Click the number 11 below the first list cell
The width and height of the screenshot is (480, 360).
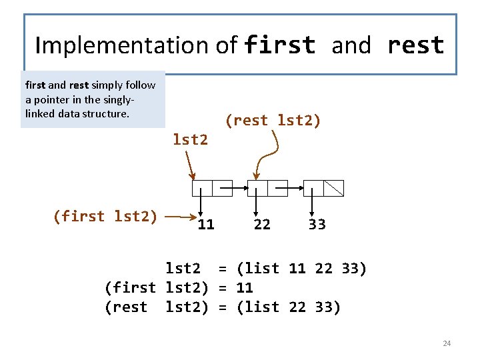(206, 225)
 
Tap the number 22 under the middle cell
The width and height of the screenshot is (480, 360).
(262, 225)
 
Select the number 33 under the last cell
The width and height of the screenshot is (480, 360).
(317, 225)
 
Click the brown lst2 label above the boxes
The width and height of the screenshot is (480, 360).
(190, 139)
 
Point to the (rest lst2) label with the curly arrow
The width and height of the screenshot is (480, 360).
(273, 121)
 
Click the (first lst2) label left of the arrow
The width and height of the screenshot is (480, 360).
(105, 216)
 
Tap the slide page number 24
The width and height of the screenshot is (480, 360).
(447, 343)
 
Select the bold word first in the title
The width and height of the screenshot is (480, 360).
(279, 45)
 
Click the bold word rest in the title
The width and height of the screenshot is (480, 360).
(415, 45)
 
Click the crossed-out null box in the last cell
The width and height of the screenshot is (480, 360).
(333, 188)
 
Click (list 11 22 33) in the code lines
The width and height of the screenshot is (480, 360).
(301, 269)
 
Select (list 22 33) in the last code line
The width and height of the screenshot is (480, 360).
(288, 307)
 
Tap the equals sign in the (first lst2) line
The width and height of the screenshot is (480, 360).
(224, 288)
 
